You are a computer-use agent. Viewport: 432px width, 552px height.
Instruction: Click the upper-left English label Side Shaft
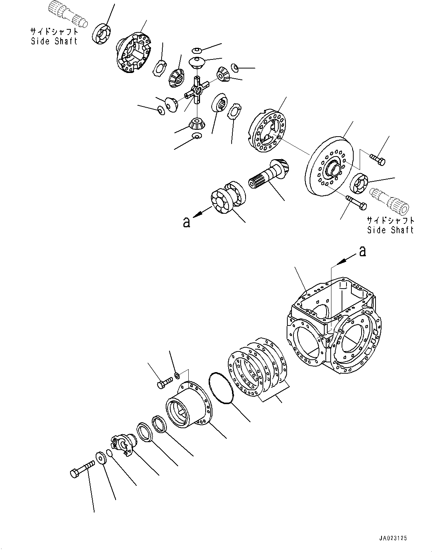click(54, 41)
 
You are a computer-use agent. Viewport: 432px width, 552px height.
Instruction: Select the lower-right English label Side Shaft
click(390, 230)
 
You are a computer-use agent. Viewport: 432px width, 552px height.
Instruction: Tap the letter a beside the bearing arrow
click(187, 222)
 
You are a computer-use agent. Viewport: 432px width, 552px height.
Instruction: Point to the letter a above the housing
click(362, 251)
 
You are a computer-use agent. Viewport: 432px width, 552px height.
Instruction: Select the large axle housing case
click(334, 325)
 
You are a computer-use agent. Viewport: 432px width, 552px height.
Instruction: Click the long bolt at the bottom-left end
click(82, 470)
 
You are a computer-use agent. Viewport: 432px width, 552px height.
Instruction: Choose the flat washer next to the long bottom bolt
click(102, 458)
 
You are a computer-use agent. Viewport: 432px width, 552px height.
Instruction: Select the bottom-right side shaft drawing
click(390, 201)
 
